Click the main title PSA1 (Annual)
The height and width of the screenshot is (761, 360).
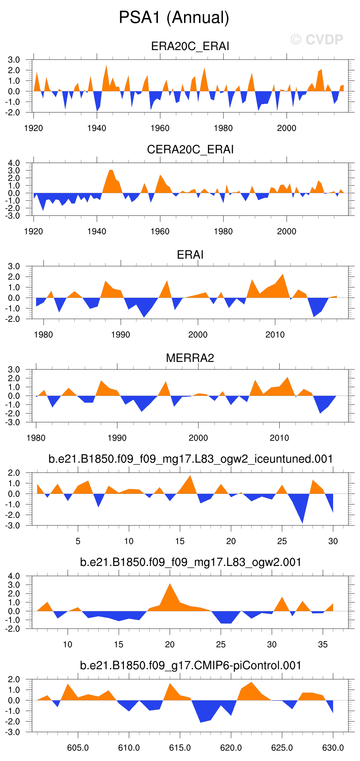(174, 17)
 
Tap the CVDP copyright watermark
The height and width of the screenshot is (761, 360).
(317, 40)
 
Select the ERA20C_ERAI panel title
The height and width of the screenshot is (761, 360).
(190, 46)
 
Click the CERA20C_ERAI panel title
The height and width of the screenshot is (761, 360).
(190, 149)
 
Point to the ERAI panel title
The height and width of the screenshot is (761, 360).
(190, 255)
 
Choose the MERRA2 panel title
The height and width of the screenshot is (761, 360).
(190, 358)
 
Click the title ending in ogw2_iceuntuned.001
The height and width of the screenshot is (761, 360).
(191, 459)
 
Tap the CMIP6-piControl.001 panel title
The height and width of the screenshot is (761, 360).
(191, 665)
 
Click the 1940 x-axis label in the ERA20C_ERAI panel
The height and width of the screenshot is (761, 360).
(97, 128)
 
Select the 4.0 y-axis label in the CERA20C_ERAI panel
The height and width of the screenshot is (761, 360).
(14, 163)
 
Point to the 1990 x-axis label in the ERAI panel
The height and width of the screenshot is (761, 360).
(120, 335)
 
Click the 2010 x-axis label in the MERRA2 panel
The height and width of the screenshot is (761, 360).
(279, 438)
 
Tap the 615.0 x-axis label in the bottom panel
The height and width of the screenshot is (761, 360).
(180, 748)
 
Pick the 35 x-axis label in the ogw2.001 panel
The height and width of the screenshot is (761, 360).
(323, 644)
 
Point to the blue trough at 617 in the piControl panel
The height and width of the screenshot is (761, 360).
(200, 721)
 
